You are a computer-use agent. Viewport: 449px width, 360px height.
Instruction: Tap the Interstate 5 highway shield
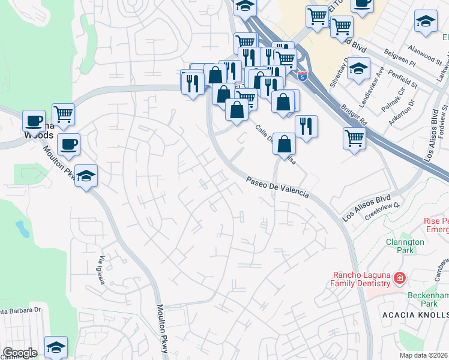tap(302, 76)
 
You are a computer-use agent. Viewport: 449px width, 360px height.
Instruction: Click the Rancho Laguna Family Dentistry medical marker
tap(400, 278)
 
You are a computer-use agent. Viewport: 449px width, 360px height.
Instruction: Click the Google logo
tap(20, 353)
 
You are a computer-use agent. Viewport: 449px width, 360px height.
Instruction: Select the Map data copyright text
tap(424, 355)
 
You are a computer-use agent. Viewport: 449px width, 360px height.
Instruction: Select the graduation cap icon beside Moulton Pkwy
tap(86, 175)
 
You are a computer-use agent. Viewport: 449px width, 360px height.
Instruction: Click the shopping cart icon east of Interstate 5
tap(355, 137)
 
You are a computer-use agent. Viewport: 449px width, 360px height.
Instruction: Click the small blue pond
tap(22, 229)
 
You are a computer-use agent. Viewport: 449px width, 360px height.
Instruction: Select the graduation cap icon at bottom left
tap(56, 346)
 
